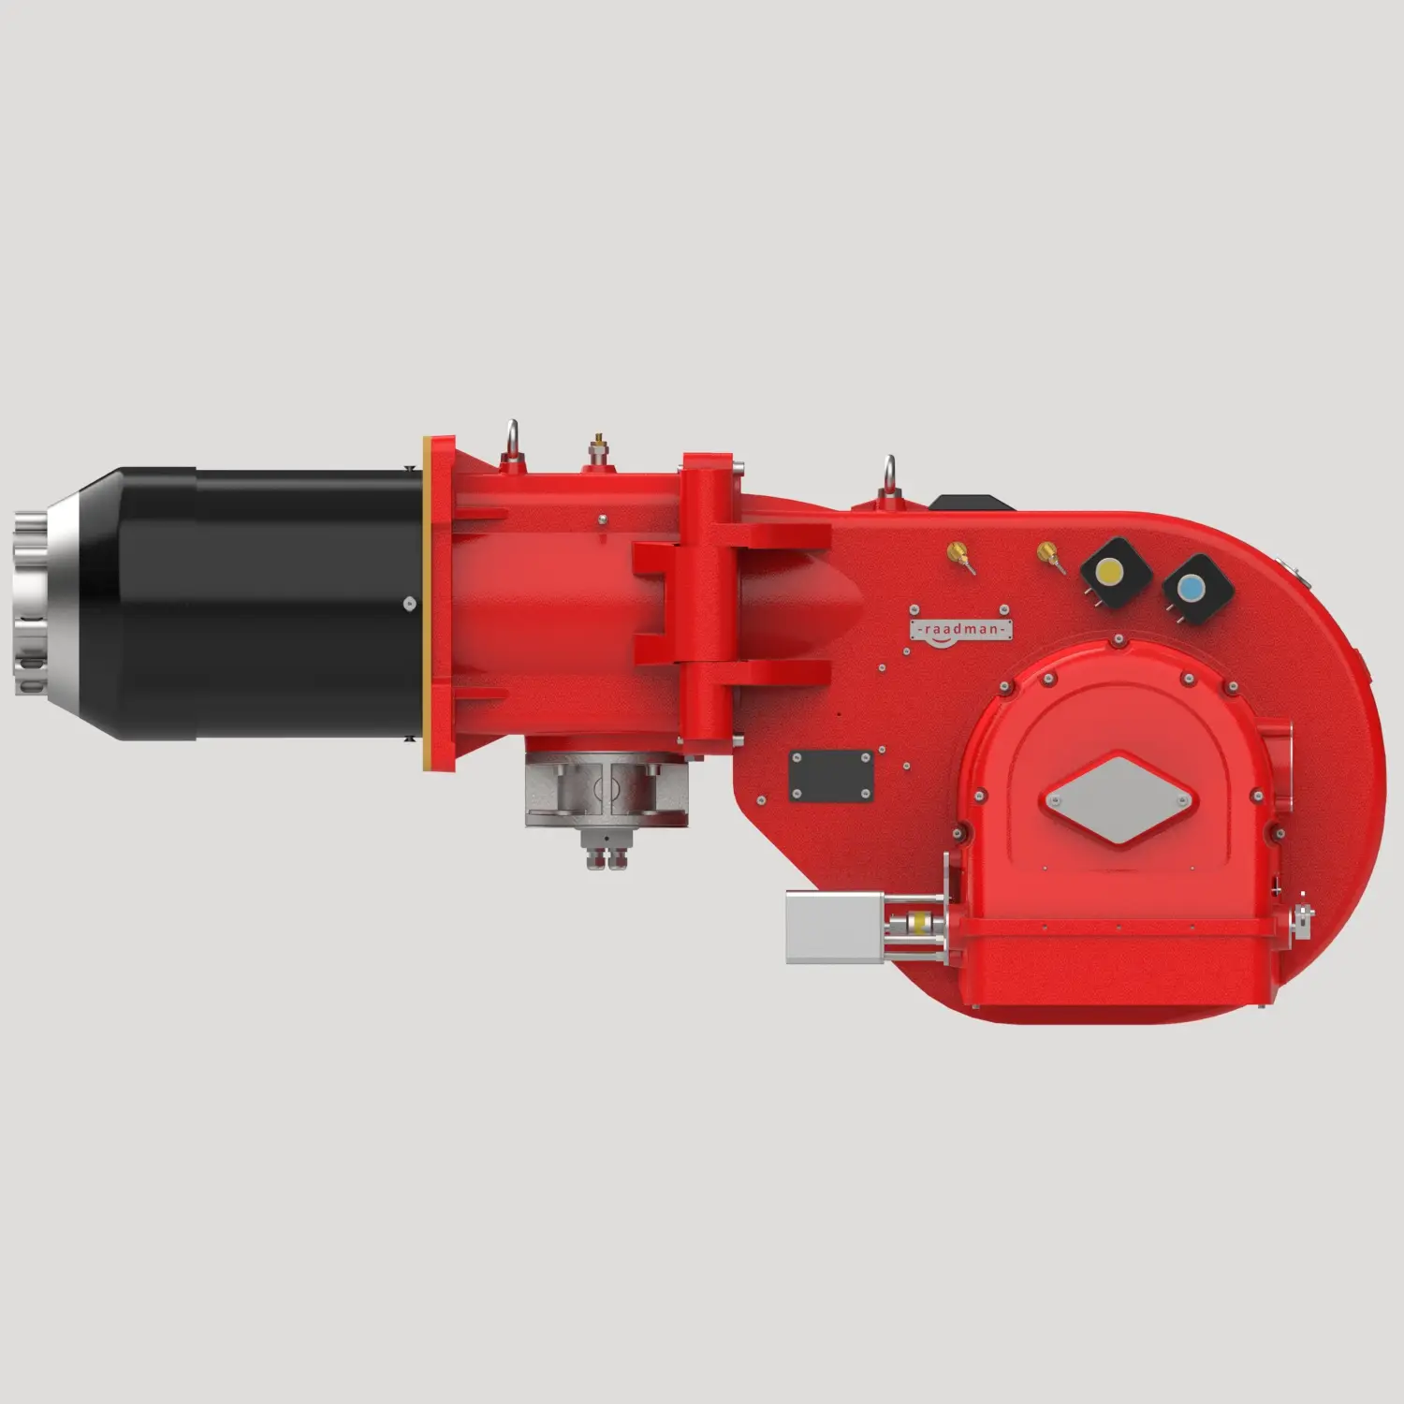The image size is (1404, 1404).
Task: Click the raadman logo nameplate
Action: [x=960, y=630]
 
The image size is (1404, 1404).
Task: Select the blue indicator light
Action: [x=1192, y=588]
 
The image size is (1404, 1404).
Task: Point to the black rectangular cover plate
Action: [x=831, y=776]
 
